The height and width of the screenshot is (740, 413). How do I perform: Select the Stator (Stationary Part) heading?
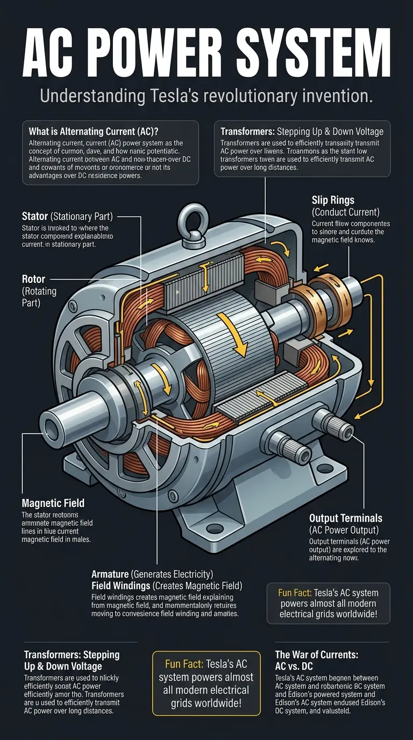tap(68, 217)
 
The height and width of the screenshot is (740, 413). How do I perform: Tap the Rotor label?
tap(33, 280)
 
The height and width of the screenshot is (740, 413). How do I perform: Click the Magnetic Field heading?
tap(53, 503)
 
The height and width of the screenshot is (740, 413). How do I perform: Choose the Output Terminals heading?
tap(346, 518)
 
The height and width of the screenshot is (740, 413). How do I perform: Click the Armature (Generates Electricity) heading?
tap(152, 573)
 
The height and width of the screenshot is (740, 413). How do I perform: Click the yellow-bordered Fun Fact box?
tap(206, 683)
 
